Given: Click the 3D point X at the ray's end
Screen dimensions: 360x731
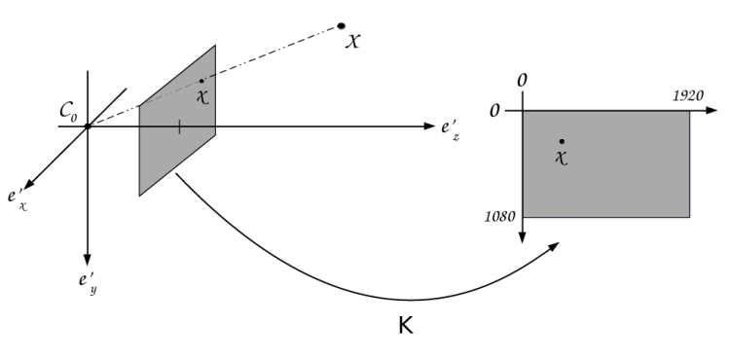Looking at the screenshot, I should coord(342,25).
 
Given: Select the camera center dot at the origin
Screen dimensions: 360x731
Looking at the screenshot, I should coord(88,126).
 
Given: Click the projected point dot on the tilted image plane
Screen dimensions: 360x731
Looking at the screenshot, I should coord(201,81).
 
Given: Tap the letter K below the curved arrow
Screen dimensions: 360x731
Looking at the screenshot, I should coord(406,326).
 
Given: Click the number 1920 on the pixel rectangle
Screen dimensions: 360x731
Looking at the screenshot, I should coord(689,98).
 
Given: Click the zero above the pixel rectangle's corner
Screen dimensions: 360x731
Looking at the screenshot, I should coord(524,77).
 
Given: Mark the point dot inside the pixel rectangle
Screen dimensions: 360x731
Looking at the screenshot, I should coord(562,141).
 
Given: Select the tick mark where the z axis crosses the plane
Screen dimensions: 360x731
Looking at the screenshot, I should coord(178,126).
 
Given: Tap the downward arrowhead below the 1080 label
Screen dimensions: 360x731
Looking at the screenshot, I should coord(524,239).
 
